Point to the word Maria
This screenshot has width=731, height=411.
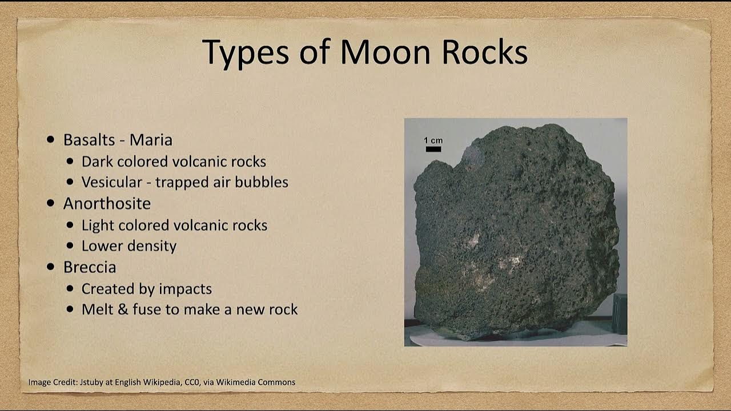coord(151,140)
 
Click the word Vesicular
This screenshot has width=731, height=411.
coord(111,182)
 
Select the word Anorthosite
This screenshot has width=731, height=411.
coord(107,204)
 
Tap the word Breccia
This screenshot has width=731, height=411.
coord(90,267)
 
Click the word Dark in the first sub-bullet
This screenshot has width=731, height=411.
coord(96,162)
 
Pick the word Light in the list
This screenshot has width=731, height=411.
coord(97,225)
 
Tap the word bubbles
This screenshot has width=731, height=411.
coord(263,182)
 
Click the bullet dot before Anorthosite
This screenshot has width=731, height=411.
coord(51,204)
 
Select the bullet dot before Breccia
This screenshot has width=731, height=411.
coord(51,267)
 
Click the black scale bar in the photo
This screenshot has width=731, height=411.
coord(433,150)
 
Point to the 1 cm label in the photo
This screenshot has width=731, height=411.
coord(433,140)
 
